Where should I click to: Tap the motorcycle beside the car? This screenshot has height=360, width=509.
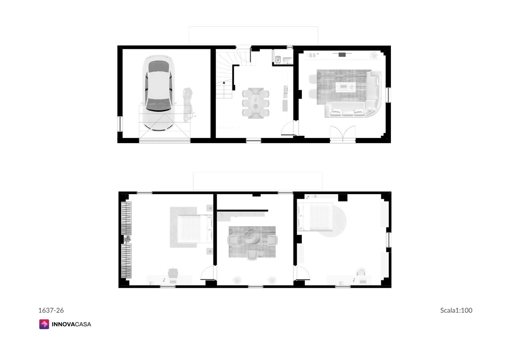[x=188, y=105]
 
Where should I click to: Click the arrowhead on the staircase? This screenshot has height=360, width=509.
[x=224, y=83]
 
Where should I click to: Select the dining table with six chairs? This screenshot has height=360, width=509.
[x=256, y=103]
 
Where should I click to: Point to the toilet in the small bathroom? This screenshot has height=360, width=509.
[x=278, y=59]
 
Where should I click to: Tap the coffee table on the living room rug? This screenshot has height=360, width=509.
[x=345, y=87]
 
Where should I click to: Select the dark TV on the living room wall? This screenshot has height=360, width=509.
[x=342, y=54]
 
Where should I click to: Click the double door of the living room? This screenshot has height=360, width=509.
[x=343, y=134]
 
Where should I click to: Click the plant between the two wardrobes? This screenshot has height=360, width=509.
[x=127, y=239]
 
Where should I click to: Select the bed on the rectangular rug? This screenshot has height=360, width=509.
[x=194, y=228]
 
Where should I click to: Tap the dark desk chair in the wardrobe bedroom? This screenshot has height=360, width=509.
[x=173, y=273]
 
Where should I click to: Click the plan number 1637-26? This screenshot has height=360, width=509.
[x=51, y=310]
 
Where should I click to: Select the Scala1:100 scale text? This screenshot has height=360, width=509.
[x=456, y=310]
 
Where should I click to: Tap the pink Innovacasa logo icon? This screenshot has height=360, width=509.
[x=44, y=324]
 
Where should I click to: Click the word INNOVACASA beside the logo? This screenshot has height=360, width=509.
[x=71, y=324]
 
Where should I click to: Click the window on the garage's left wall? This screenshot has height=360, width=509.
[x=120, y=124]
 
